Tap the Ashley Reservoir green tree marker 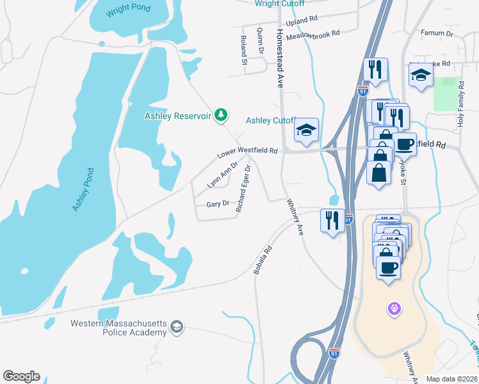(x=221, y=115)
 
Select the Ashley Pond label (x=84, y=190)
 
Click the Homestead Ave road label (x=280, y=58)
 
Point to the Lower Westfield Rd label (x=247, y=152)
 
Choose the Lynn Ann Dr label (x=222, y=175)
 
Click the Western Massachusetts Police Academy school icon (x=175, y=328)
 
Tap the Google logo (x=21, y=376)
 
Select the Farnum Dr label (x=437, y=32)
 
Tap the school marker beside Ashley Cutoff (x=307, y=129)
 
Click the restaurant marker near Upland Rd (x=375, y=69)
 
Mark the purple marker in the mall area (x=394, y=309)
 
